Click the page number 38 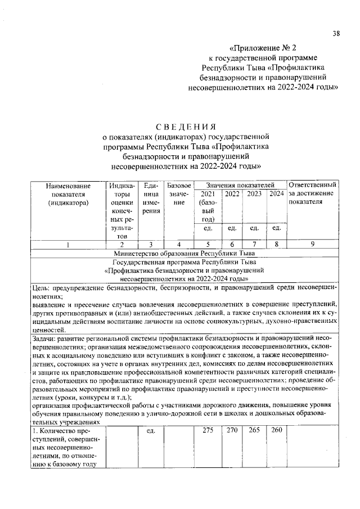[x=335, y=33]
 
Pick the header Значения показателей [x=240, y=185]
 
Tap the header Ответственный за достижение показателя [x=312, y=194]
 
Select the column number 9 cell [x=312, y=245]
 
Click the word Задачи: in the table [x=44, y=339]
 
